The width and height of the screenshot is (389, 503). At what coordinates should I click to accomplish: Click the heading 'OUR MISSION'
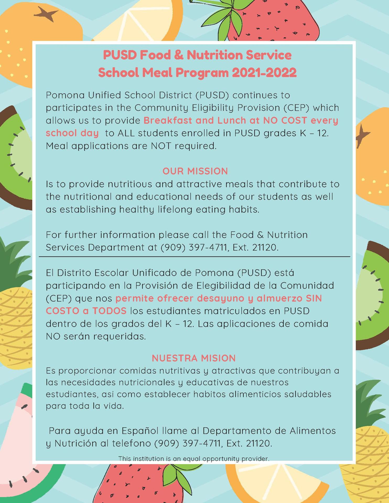coord(195,171)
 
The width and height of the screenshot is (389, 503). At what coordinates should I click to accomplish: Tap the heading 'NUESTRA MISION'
coord(194,358)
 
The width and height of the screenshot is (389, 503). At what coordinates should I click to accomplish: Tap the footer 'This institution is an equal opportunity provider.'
coord(194,458)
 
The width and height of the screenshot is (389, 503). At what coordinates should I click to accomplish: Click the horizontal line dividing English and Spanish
coord(194,257)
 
